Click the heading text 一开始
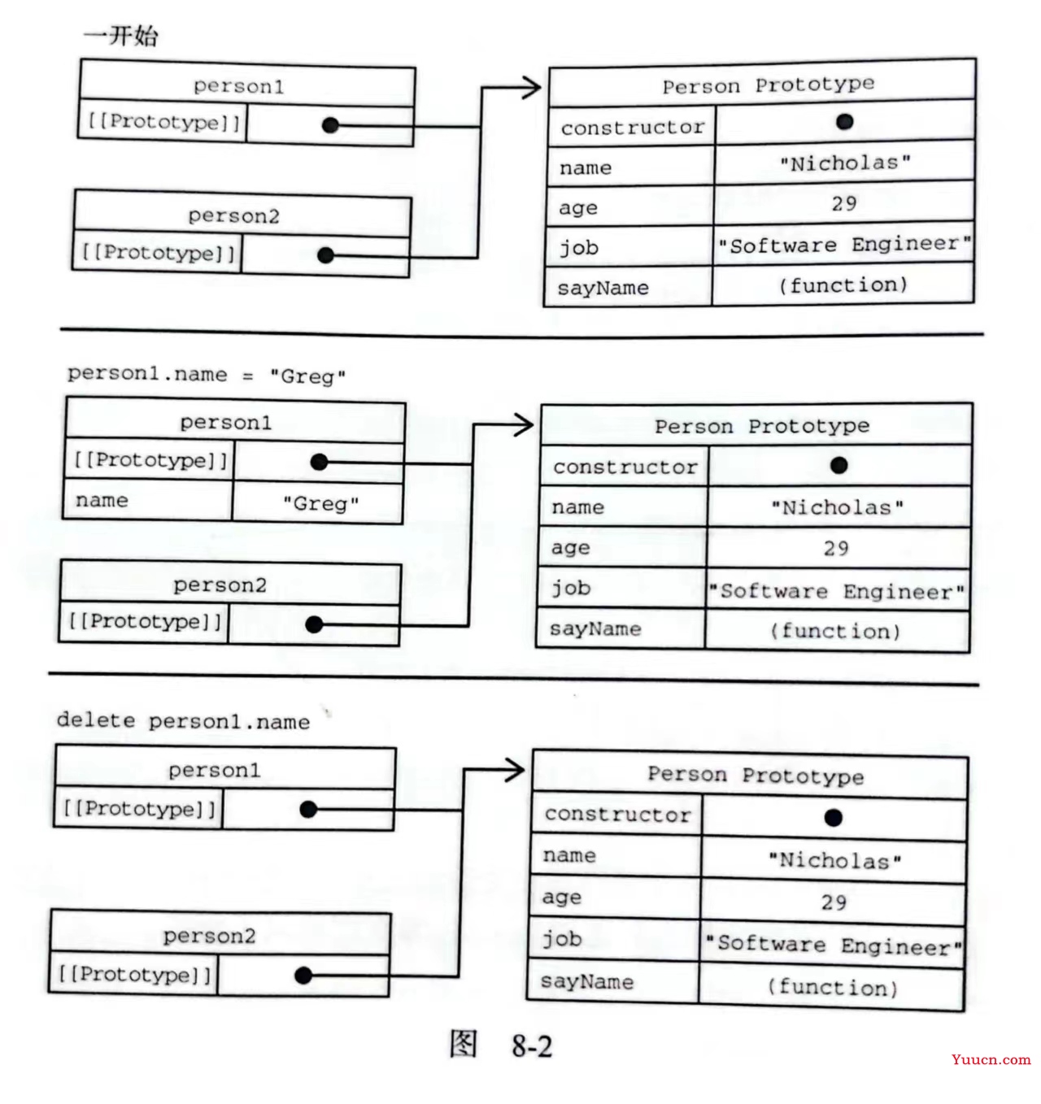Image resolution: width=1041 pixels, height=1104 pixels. coord(120,36)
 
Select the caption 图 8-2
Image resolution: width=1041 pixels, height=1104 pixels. coord(501,1045)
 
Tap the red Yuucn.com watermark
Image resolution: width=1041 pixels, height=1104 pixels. coord(991,1059)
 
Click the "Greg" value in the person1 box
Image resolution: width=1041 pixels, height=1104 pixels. coord(321,504)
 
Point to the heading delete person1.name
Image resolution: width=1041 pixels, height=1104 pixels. coord(183,721)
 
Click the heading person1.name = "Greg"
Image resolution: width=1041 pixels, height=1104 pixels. coord(207,376)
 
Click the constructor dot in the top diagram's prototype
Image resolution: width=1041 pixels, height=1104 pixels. coord(844,121)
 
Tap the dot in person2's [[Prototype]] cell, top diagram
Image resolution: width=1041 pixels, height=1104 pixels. coord(325,255)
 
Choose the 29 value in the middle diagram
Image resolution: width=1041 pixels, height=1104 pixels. coord(836,549)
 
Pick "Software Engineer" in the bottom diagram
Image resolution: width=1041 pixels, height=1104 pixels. coord(834,945)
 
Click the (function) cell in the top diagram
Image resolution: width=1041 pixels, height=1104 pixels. coord(843,285)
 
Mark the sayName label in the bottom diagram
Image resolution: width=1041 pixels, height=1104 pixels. coord(587,982)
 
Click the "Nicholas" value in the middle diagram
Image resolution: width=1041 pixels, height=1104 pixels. coord(838,507)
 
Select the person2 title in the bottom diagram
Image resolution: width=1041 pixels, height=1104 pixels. coord(209,936)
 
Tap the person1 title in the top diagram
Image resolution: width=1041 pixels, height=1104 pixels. coord(238,87)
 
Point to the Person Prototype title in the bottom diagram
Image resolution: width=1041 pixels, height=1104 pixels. coord(756,776)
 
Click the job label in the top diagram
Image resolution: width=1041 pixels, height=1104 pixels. coord(579,247)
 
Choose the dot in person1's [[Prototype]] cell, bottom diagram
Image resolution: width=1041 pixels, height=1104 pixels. coord(307,810)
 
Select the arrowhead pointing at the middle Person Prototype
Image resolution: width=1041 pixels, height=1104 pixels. coord(523,424)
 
